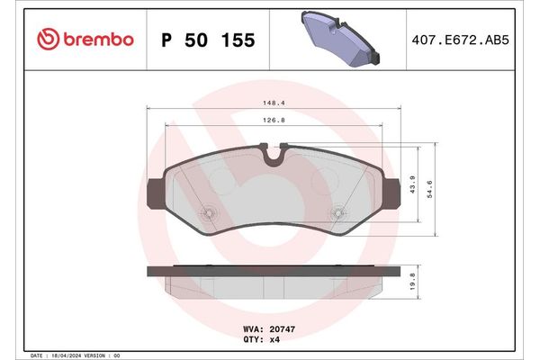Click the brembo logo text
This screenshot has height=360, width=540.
pos(98,40)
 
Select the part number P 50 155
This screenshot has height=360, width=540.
pos(207,40)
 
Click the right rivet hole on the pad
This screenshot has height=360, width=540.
pos(337,213)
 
